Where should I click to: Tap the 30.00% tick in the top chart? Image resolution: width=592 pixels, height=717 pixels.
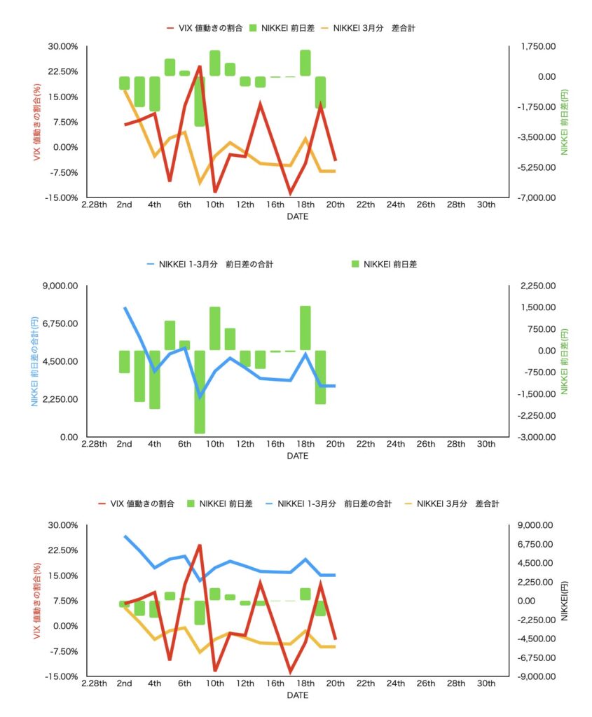62,46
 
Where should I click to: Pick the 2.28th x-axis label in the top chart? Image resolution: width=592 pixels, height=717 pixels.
94,204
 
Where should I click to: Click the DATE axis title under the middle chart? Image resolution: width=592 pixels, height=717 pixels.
297,456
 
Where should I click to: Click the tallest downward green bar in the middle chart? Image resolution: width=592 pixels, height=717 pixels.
200,392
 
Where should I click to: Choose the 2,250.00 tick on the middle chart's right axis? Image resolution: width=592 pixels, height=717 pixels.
534,286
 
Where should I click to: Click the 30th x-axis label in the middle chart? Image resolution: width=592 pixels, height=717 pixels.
486,444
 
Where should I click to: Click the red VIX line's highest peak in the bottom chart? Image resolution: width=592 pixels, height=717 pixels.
200,545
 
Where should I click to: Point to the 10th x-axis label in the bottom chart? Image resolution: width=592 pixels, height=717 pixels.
214,683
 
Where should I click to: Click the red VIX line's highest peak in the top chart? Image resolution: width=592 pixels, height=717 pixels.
200,67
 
